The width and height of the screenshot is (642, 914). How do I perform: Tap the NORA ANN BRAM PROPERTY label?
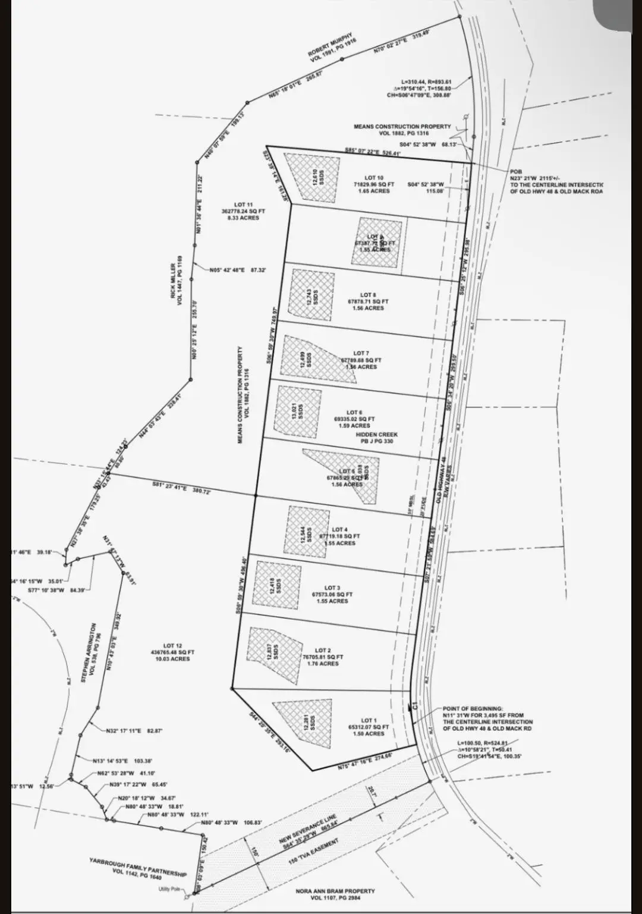coord(335,894)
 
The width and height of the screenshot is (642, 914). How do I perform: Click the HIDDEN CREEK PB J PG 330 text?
coord(376,438)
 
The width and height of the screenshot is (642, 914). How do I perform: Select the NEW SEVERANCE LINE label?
coord(308,829)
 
